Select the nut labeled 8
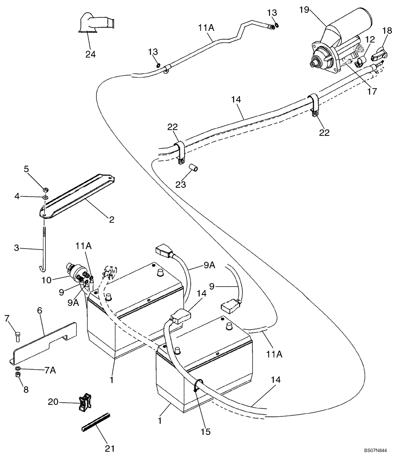[17, 375]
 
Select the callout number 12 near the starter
[369, 40]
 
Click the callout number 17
[372, 91]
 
